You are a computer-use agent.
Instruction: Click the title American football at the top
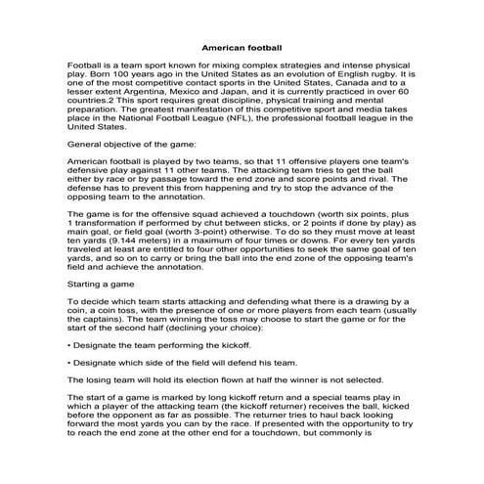242,46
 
